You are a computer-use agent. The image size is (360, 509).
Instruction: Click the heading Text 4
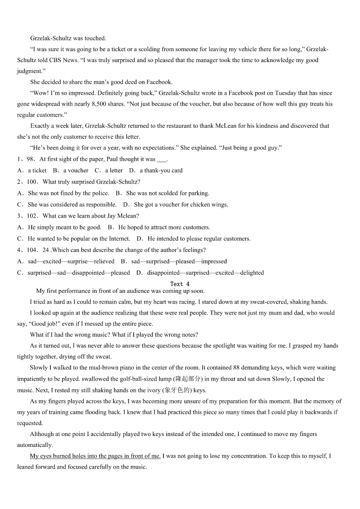(180, 284)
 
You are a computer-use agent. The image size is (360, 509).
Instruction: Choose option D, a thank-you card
(156, 171)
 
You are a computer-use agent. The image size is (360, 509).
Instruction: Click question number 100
(32, 182)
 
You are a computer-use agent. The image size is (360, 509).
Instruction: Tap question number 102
(32, 216)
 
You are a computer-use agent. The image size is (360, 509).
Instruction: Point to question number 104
(32, 250)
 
